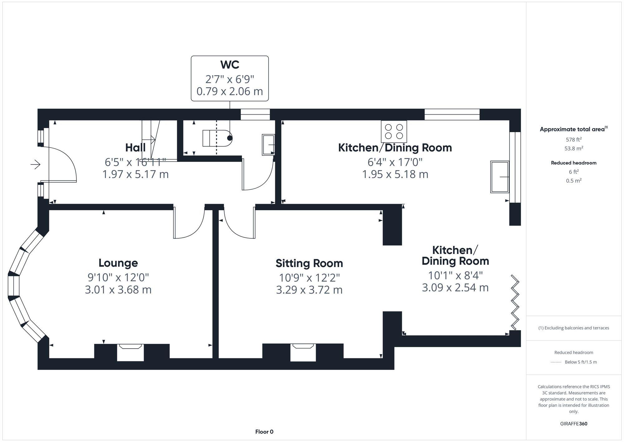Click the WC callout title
click(x=230, y=64)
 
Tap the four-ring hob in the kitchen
click(x=394, y=132)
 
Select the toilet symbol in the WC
click(x=217, y=138)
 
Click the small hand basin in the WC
click(x=268, y=145)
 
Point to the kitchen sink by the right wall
click(x=500, y=177)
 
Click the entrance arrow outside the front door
click(x=36, y=164)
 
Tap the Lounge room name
click(x=118, y=263)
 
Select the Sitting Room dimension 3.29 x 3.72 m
click(x=309, y=290)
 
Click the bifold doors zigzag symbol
click(x=515, y=302)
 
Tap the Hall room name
click(x=135, y=147)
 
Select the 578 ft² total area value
click(x=573, y=140)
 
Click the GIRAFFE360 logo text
click(x=573, y=424)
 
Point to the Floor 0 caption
click(x=264, y=432)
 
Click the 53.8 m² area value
click(x=573, y=148)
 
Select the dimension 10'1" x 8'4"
click(x=455, y=276)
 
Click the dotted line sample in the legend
click(x=556, y=362)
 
